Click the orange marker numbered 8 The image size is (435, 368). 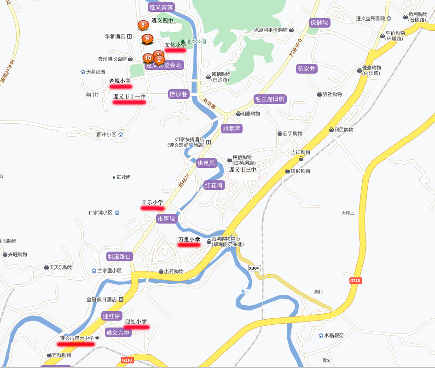(x=143, y=25)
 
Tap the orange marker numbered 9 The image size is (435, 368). (x=147, y=39)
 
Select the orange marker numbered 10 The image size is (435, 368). (x=148, y=58)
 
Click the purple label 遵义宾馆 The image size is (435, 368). (x=161, y=7)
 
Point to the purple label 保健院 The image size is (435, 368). (x=319, y=23)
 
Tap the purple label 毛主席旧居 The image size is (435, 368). (x=270, y=99)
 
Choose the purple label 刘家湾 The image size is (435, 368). (x=232, y=128)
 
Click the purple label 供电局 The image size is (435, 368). (x=206, y=163)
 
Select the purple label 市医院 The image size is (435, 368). (x=167, y=218)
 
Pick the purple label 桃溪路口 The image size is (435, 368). (x=120, y=257)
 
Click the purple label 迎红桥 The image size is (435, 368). (x=111, y=316)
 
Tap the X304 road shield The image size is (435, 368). (x=254, y=268)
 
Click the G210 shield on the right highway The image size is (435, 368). (x=355, y=281)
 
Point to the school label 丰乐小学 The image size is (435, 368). (x=152, y=202)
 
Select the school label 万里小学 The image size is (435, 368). (x=189, y=240)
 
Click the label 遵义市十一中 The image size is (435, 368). (x=129, y=97)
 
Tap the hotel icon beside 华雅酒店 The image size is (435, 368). (x=129, y=36)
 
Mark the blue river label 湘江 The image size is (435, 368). (x=245, y=292)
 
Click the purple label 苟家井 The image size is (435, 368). (x=307, y=69)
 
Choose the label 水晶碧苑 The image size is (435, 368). (x=334, y=335)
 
